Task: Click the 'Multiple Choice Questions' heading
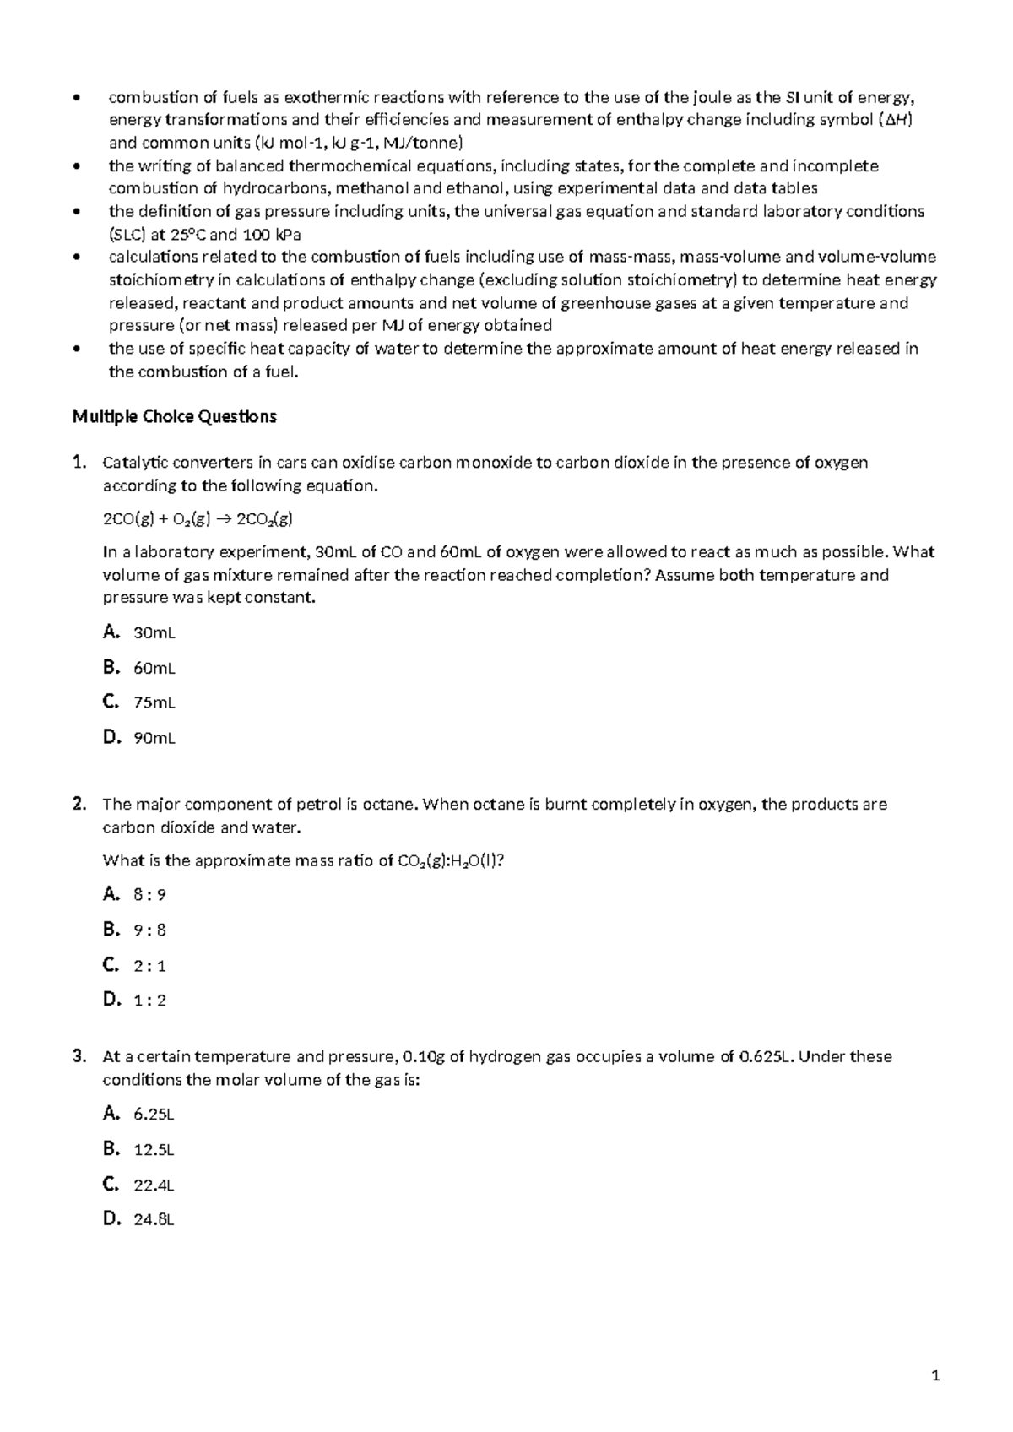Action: (x=174, y=417)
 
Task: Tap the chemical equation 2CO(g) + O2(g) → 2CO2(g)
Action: (x=198, y=519)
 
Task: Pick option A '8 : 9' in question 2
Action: (x=149, y=895)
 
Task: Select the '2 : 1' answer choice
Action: (x=149, y=965)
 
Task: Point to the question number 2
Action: (x=79, y=805)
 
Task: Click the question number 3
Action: (x=79, y=1056)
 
